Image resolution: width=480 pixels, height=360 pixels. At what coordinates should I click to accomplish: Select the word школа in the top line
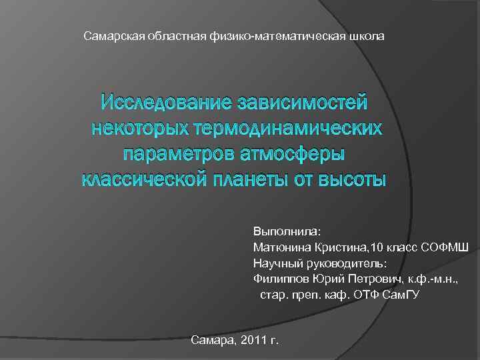pyautogui.click(x=367, y=35)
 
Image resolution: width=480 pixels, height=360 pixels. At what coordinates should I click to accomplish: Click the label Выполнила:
pyautogui.click(x=287, y=231)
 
